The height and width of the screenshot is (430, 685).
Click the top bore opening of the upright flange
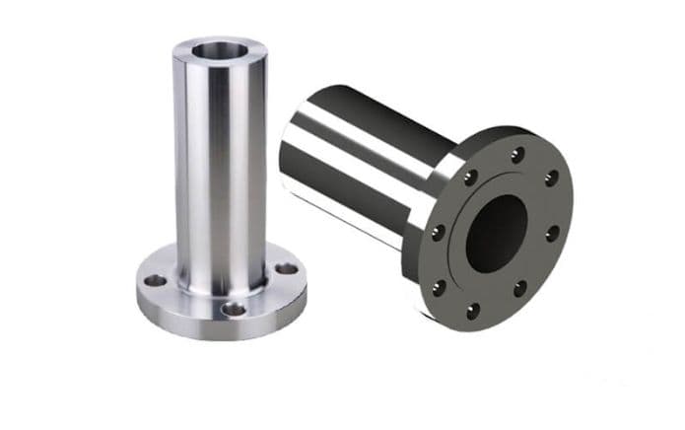(219, 47)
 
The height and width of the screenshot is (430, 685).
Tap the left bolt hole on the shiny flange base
(155, 280)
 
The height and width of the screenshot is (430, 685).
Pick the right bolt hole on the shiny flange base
(285, 267)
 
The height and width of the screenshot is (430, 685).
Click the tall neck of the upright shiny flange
(219, 158)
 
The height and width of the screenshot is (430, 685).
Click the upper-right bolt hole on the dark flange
(552, 178)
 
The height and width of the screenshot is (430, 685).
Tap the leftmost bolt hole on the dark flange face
(437, 233)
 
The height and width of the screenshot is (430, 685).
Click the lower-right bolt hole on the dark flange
(519, 289)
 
